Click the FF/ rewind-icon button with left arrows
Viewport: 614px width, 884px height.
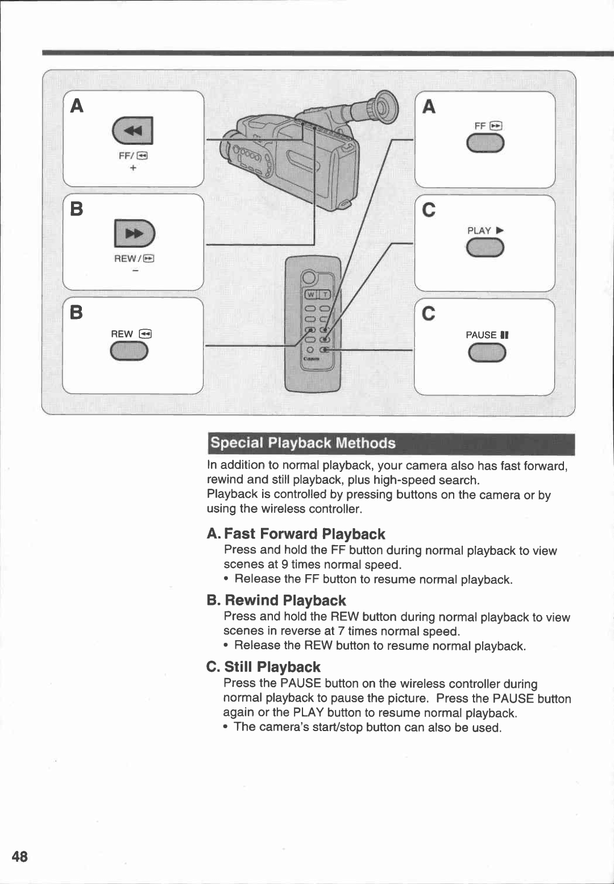pyautogui.click(x=133, y=131)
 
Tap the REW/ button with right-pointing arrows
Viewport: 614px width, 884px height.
pyautogui.click(x=134, y=234)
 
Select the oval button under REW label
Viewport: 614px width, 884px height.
pyautogui.click(x=129, y=352)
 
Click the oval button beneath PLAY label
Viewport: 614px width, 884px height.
pyautogui.click(x=485, y=248)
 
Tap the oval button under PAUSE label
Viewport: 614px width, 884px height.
pyautogui.click(x=487, y=353)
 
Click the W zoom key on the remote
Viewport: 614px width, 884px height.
pyautogui.click(x=311, y=294)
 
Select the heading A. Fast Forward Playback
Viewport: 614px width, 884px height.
pyautogui.click(x=296, y=534)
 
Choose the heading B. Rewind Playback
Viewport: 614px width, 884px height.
pyautogui.click(x=277, y=600)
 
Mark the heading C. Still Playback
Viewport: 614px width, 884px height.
pyautogui.click(x=264, y=667)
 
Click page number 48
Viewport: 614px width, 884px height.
pyautogui.click(x=19, y=856)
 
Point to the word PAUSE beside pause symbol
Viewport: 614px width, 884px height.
pyautogui.click(x=481, y=335)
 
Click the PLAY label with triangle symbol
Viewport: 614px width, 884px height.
pyautogui.click(x=485, y=230)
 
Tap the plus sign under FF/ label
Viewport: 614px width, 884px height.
pyautogui.click(x=133, y=168)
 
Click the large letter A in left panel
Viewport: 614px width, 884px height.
pyautogui.click(x=77, y=106)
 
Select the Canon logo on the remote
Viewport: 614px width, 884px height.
pyautogui.click(x=311, y=359)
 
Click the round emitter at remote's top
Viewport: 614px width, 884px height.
pyautogui.click(x=309, y=277)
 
